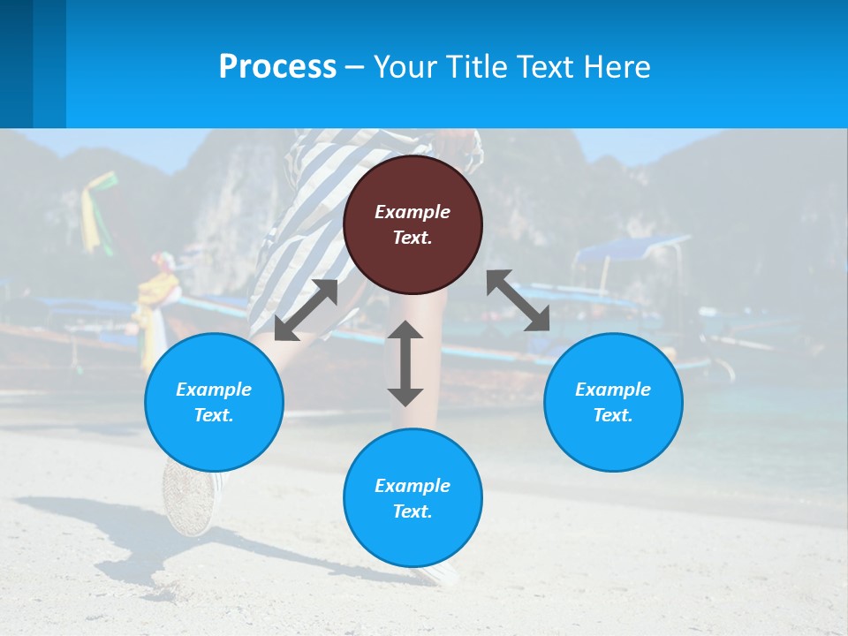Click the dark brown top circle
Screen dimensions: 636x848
[x=413, y=225]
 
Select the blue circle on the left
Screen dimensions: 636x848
[x=214, y=402]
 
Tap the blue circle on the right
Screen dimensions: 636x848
[x=613, y=402]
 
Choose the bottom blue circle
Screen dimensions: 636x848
[x=413, y=498]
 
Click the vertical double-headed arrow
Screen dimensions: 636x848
[x=405, y=363]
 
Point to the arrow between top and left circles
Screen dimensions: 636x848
[x=306, y=310]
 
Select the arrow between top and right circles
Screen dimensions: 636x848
[x=519, y=300]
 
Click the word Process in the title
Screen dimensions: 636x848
[x=277, y=67]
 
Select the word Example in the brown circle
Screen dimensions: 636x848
[x=413, y=212]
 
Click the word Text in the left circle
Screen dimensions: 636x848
[x=213, y=415]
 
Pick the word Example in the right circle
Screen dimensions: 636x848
[x=613, y=390]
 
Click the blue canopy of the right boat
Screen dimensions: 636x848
[x=631, y=248]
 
